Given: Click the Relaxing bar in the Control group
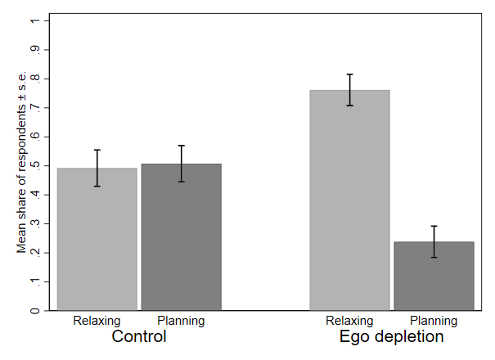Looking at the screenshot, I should coord(97,245).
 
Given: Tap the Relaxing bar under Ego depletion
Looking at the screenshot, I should coord(349,205).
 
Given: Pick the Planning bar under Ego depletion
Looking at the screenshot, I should coord(434,278).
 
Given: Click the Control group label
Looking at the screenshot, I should coord(138,336).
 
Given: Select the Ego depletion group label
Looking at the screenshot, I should coord(391,336).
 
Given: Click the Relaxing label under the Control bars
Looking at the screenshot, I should coord(97,321).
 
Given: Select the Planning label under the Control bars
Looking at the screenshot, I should coord(180,321).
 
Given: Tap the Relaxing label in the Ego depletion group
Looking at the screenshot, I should coord(349,321).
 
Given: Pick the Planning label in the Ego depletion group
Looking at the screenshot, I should coord(434,321).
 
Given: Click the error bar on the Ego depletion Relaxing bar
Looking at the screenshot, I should coord(349,90).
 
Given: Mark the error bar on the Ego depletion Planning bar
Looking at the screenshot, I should coord(434,241).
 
